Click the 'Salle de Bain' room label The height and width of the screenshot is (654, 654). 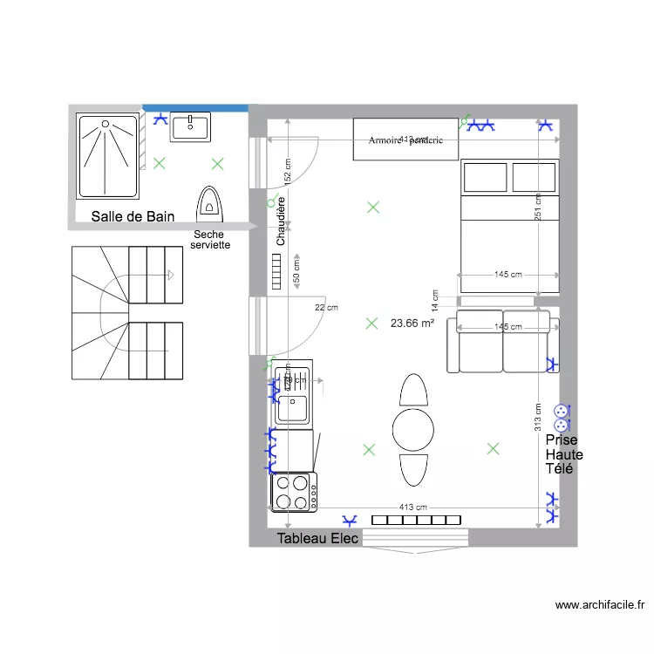click(133, 216)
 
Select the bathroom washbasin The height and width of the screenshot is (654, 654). click(190, 126)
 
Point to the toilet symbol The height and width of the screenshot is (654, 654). click(209, 201)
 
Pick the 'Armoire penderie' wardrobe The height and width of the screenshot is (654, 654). click(405, 140)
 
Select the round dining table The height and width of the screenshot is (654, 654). click(412, 428)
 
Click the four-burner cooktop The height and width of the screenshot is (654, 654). click(293, 492)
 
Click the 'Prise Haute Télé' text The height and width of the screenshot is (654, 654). click(563, 454)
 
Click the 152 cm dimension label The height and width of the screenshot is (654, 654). click(287, 170)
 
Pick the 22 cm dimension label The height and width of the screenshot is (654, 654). click(326, 307)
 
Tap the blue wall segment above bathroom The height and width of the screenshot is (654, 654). click(195, 107)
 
